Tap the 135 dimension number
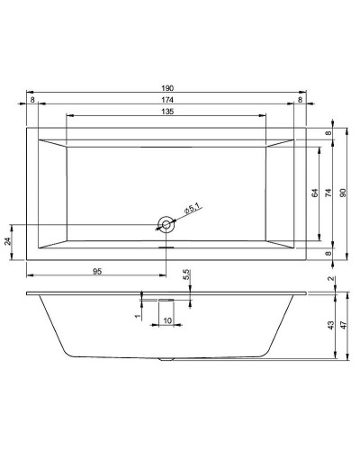pos(166,112)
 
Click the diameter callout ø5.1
pos(192,209)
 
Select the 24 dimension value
pos(9,241)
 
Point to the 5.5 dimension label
pos(186,274)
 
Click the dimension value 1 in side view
pos(137,315)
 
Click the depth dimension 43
pos(330,325)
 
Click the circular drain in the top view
pos(166,224)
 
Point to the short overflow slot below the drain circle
pos(166,248)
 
